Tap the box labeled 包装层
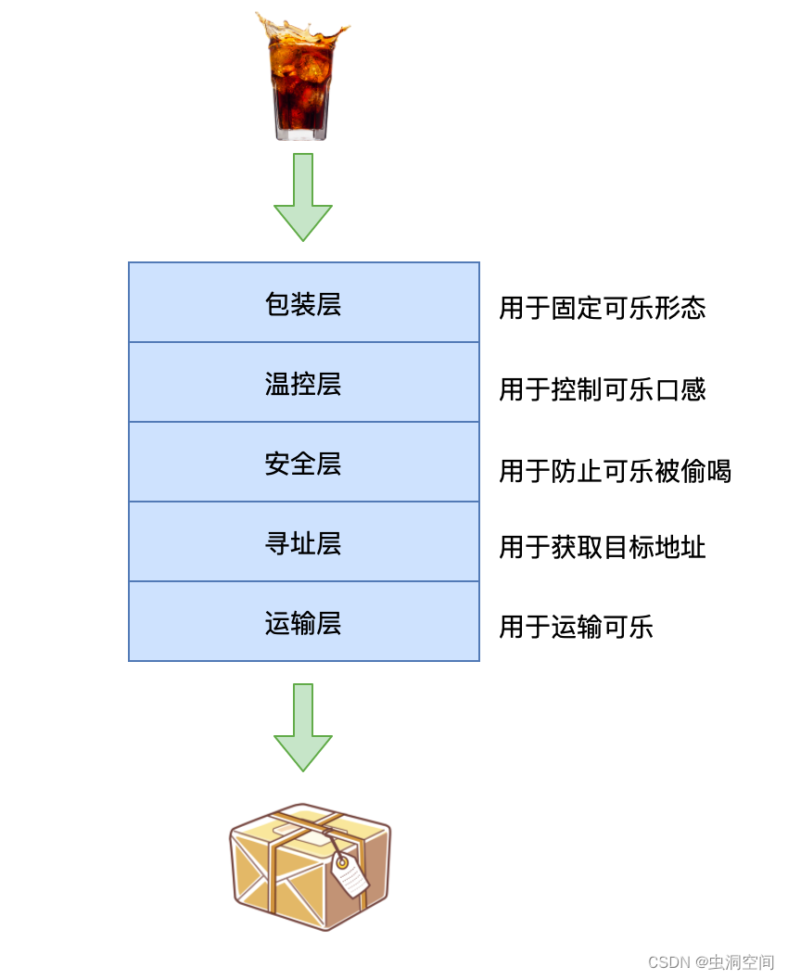(x=303, y=303)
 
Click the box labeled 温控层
(x=303, y=383)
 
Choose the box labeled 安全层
(x=303, y=463)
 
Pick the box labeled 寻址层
(x=303, y=542)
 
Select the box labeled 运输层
(x=303, y=622)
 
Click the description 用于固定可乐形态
(x=603, y=308)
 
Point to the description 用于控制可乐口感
(x=603, y=389)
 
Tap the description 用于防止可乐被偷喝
(x=615, y=471)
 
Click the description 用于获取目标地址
(x=603, y=547)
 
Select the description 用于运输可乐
(x=576, y=627)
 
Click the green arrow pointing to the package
(x=303, y=728)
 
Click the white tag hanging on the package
(x=350, y=873)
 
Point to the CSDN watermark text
(x=711, y=961)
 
